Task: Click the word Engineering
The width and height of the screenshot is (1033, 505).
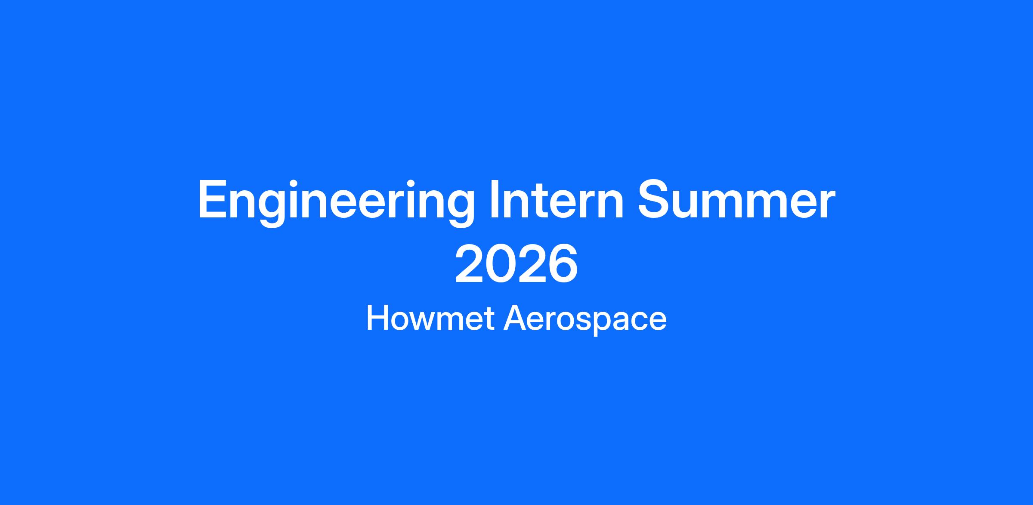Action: [x=336, y=202]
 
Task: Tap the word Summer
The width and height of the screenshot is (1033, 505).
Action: [x=736, y=199]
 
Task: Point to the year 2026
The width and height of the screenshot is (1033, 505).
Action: [x=516, y=263]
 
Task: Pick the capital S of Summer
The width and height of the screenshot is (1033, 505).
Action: [x=656, y=199]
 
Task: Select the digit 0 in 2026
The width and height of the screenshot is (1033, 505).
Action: [x=501, y=263]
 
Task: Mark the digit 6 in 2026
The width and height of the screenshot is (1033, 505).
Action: [x=563, y=263]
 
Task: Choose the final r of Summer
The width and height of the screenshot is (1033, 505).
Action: [x=827, y=204]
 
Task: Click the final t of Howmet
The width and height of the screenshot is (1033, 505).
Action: [x=489, y=320]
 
